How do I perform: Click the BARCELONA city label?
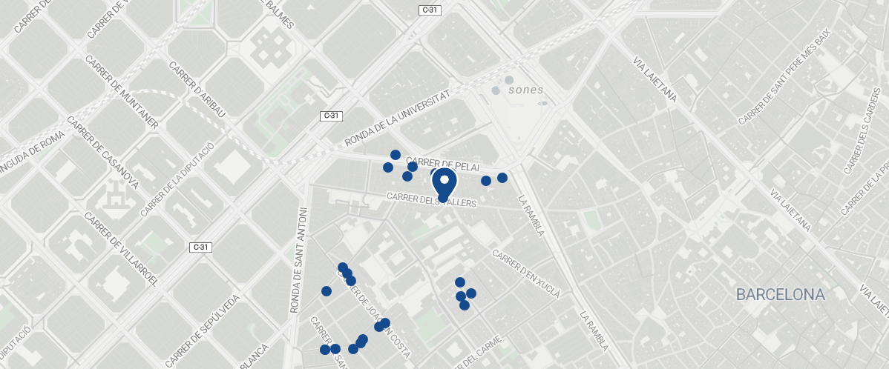[780, 295]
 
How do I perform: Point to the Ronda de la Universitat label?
[398, 119]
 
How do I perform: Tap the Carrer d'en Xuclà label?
[526, 268]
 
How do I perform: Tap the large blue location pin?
[444, 182]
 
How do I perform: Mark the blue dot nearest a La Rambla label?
[502, 178]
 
